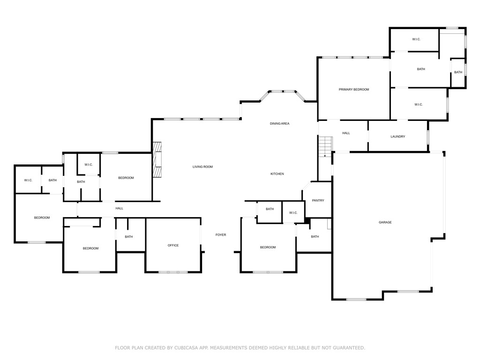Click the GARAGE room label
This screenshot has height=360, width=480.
[x=385, y=222]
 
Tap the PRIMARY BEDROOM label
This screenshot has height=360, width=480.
[x=354, y=90]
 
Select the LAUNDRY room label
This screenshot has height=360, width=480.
[x=397, y=136]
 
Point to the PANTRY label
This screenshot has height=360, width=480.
[x=318, y=201]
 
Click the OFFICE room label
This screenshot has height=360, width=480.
[x=173, y=246]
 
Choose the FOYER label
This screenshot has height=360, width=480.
[x=220, y=235]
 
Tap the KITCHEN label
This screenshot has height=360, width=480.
[x=277, y=174]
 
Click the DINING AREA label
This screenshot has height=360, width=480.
[x=279, y=124]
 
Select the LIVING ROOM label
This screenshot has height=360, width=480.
[x=202, y=167]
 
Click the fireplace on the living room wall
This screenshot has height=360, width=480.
[x=158, y=160]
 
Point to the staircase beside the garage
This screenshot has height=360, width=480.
[x=325, y=146]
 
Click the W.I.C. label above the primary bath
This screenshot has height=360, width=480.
[x=416, y=39]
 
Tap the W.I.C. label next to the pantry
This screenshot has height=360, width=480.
[x=293, y=213]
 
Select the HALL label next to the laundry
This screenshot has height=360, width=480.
[x=346, y=133]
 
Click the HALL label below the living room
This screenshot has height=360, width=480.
[x=119, y=208]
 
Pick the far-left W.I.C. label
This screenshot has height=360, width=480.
[x=28, y=180]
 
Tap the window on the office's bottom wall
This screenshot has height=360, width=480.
[x=173, y=272]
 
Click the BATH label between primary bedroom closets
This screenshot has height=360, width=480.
[x=421, y=69]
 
